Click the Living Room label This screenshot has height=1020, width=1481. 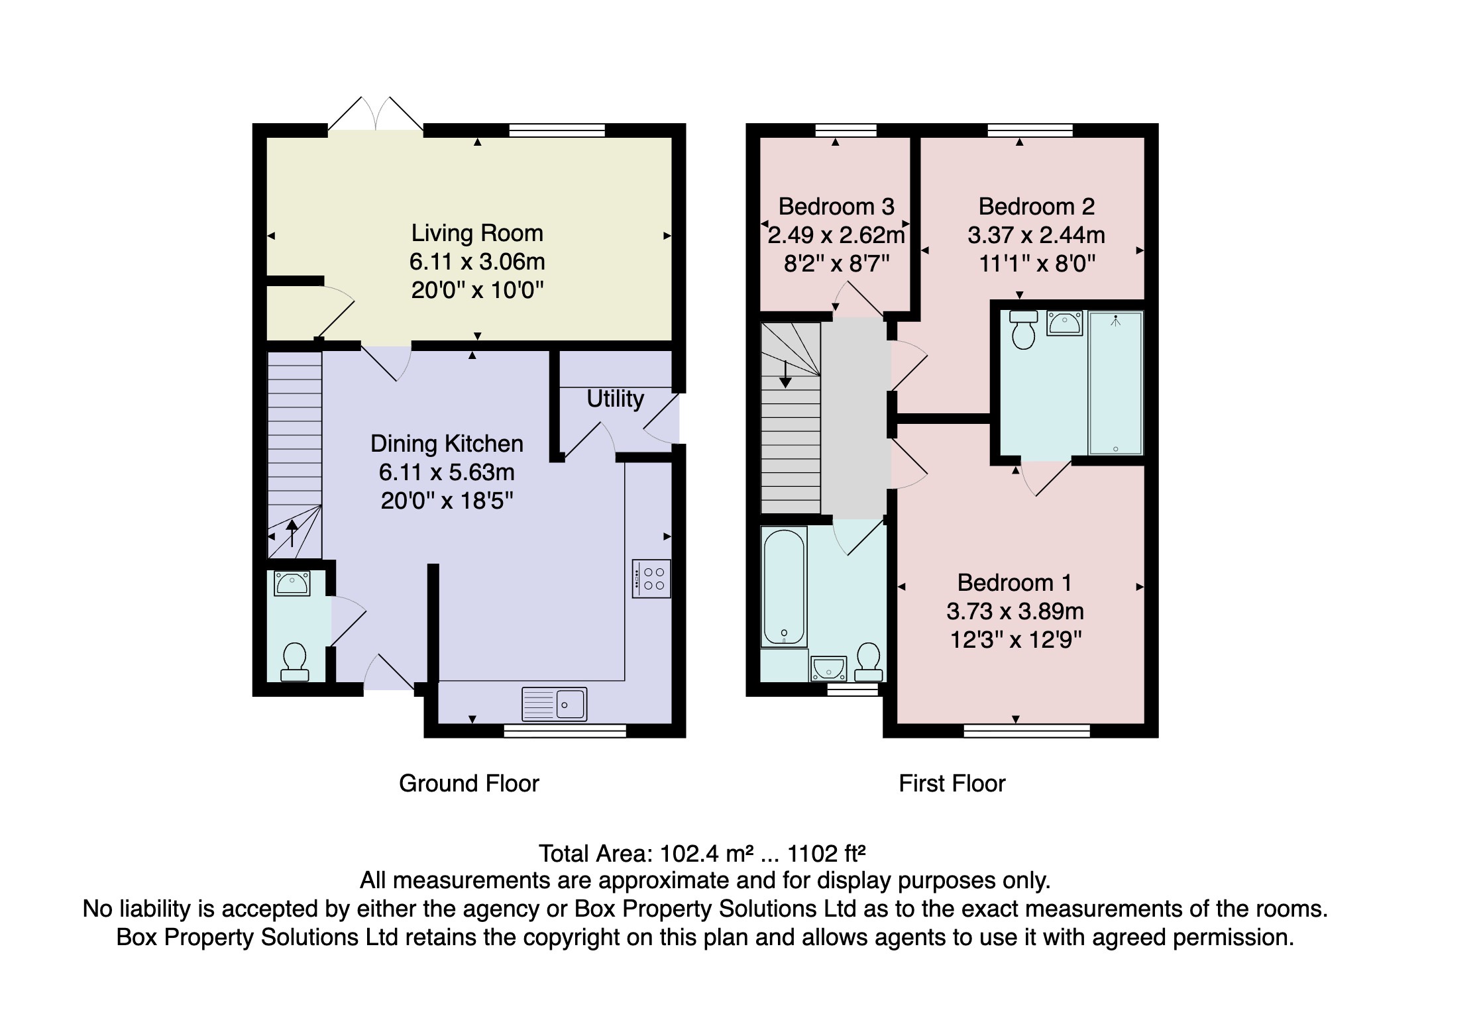(476, 233)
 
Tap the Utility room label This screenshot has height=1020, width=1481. (615, 399)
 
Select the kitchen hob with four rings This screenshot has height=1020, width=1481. (651, 579)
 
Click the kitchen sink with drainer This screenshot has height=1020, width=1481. (555, 703)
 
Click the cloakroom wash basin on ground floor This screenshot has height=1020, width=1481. (292, 584)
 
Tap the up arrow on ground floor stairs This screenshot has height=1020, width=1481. (292, 533)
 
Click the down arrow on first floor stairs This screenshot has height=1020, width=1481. (785, 374)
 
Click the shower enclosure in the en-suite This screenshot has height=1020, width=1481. (1116, 383)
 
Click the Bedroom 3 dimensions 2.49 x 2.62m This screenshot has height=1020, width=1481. (836, 235)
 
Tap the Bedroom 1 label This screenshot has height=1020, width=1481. (1014, 583)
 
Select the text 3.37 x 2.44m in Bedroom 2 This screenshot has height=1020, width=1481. (1036, 235)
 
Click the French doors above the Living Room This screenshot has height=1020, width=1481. (376, 115)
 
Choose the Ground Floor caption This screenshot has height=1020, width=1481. (468, 784)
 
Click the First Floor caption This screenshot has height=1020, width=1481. (952, 784)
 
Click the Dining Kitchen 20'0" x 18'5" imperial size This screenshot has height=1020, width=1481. (447, 501)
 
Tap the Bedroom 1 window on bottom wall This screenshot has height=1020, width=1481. (1026, 731)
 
